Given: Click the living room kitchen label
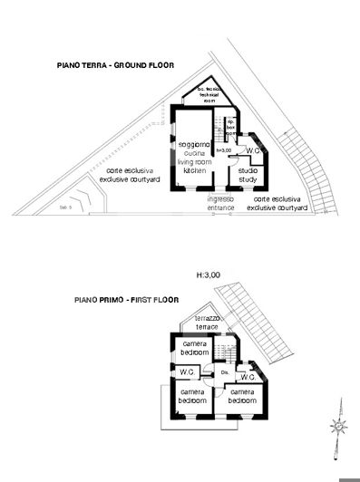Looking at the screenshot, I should (x=193, y=157).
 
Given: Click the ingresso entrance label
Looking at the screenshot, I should (x=220, y=202).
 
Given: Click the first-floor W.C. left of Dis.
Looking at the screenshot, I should (x=188, y=371).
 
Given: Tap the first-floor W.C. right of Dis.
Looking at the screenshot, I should (x=246, y=375).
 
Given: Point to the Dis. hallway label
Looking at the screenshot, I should (x=224, y=373).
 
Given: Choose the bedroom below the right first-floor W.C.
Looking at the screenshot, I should (x=243, y=395).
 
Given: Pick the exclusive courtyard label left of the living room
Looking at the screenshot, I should (x=132, y=174).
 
